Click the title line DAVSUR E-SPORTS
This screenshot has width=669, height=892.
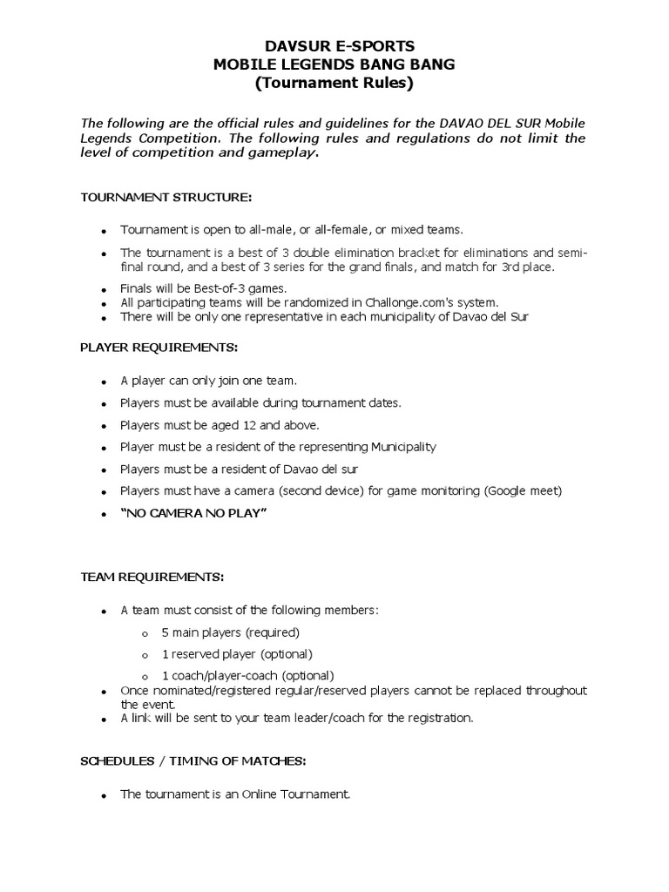pyautogui.click(x=334, y=45)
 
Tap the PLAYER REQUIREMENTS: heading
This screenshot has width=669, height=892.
pyautogui.click(x=158, y=347)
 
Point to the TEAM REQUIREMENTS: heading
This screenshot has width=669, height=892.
pyautogui.click(x=152, y=577)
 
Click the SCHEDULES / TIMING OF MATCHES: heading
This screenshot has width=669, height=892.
pyautogui.click(x=193, y=760)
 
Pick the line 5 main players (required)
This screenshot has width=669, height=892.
pyautogui.click(x=230, y=632)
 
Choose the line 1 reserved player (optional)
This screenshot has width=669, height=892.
pyautogui.click(x=236, y=653)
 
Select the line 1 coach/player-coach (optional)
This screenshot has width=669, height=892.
pyautogui.click(x=247, y=675)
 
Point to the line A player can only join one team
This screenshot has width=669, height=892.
pyautogui.click(x=209, y=381)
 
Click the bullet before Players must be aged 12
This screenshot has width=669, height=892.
pyautogui.click(x=104, y=427)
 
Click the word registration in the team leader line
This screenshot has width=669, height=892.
pyautogui.click(x=438, y=718)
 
